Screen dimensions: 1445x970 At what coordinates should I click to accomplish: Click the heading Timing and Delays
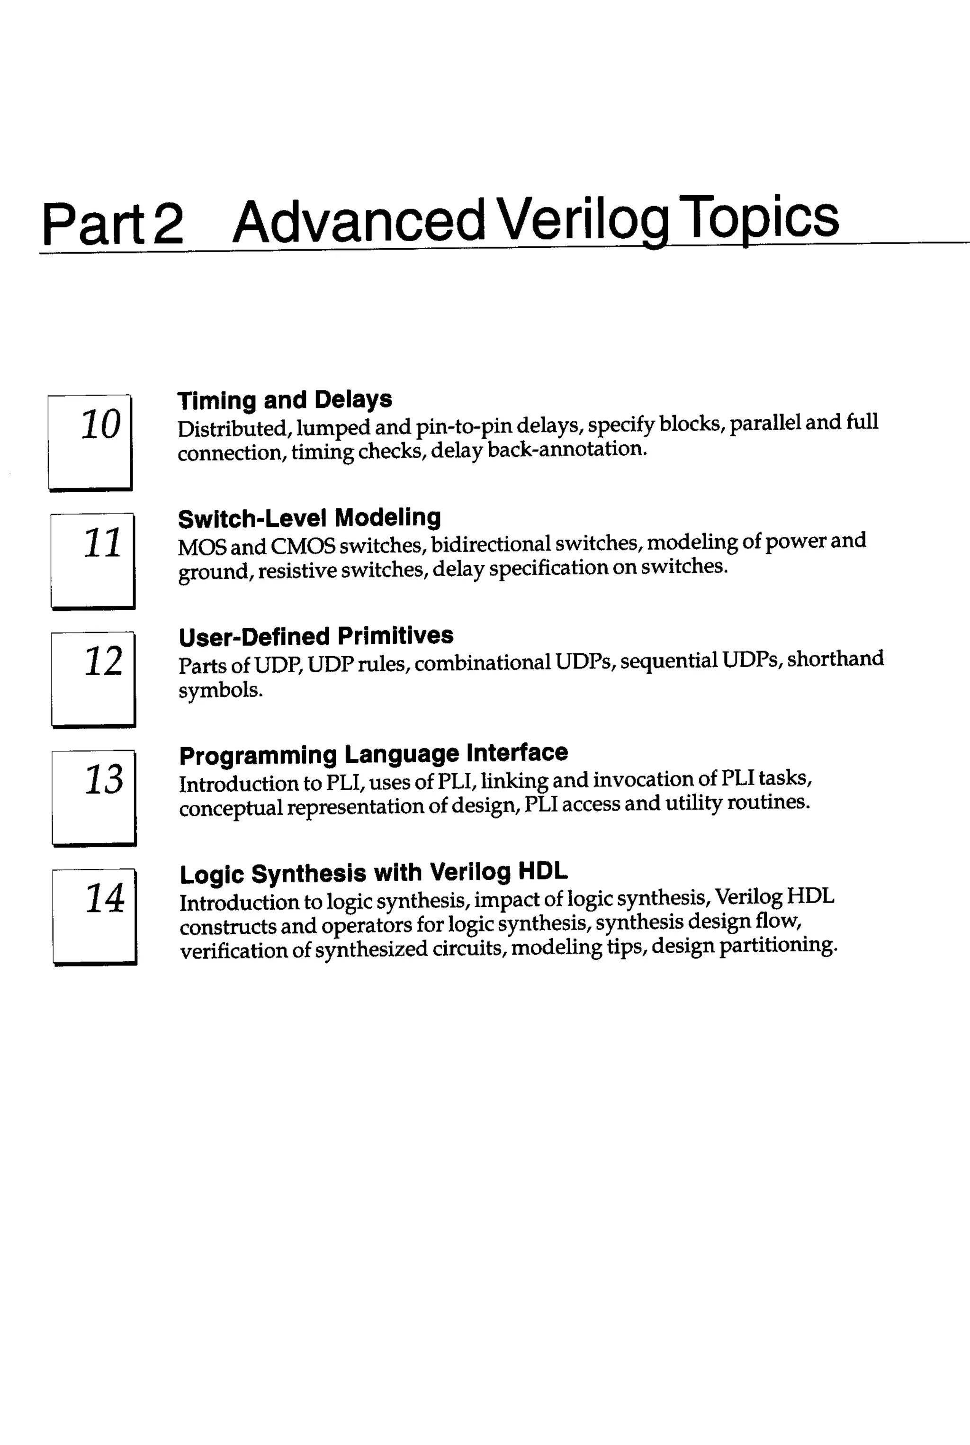285,400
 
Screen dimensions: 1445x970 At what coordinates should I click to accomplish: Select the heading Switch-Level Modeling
309,518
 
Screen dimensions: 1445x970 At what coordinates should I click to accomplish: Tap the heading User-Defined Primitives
315,636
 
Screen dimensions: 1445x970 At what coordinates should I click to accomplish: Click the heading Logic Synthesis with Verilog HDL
373,873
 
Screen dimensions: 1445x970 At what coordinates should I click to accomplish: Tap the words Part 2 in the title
113,224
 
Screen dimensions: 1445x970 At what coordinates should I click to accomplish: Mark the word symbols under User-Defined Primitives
220,690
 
